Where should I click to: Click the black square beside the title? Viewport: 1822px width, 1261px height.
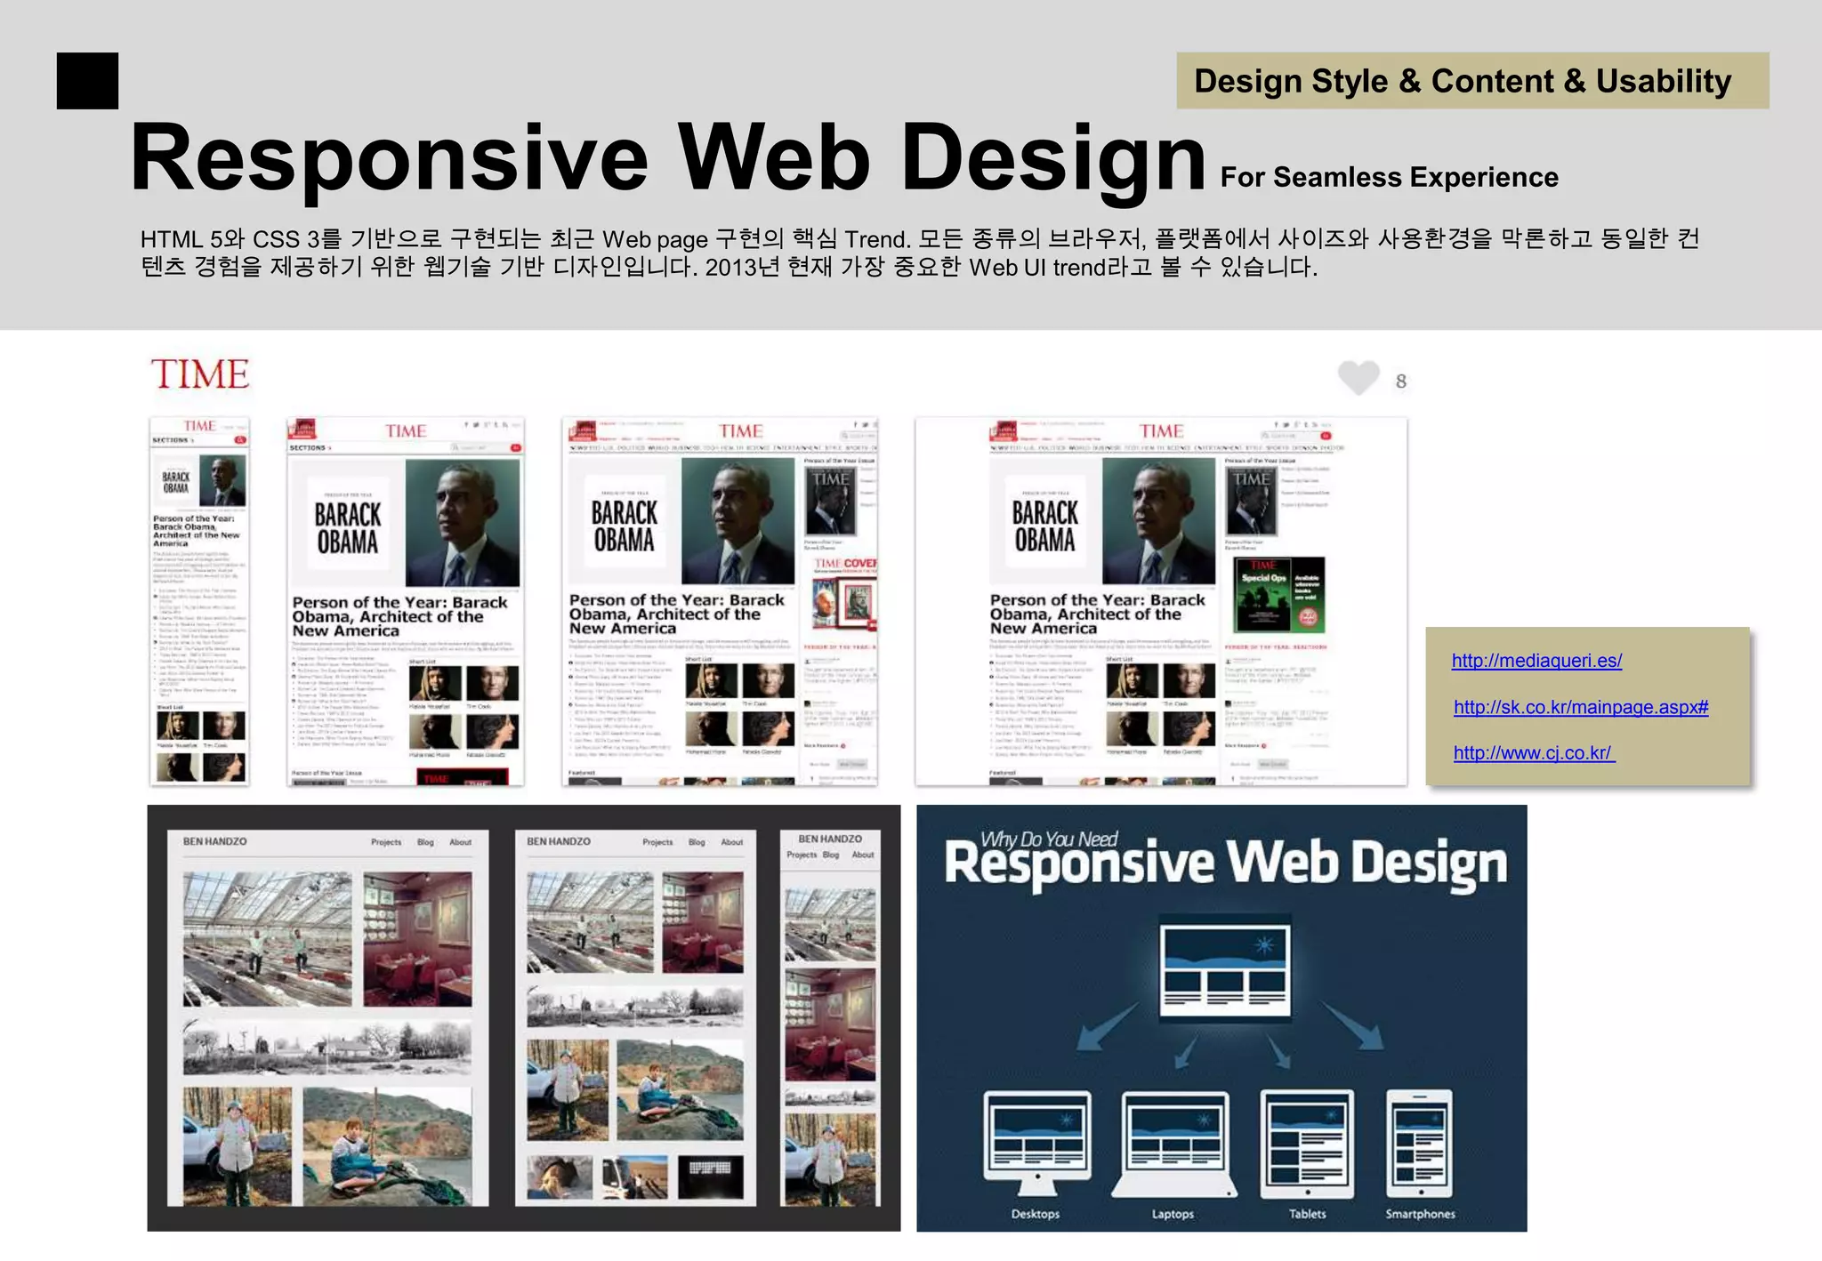click(x=87, y=81)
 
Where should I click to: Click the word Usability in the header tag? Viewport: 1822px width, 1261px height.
click(x=1663, y=81)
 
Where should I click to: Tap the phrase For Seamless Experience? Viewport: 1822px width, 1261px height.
click(x=1389, y=177)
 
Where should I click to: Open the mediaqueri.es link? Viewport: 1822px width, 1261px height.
click(x=1536, y=661)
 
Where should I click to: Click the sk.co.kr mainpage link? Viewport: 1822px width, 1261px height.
click(x=1581, y=707)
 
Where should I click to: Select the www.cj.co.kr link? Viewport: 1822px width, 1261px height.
click(x=1534, y=753)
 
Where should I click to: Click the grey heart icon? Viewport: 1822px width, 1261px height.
click(x=1358, y=378)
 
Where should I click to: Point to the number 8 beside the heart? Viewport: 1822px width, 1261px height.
click(x=1401, y=382)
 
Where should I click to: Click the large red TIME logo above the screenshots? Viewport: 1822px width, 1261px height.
click(x=200, y=374)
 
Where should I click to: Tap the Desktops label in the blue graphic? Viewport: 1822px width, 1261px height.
click(x=1036, y=1214)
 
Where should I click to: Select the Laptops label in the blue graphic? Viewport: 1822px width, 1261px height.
click(x=1173, y=1214)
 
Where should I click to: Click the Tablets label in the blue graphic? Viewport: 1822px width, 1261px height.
click(x=1307, y=1214)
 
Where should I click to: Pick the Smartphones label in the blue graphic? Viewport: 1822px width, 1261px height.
click(x=1420, y=1214)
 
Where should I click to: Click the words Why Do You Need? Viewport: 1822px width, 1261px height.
click(x=1049, y=839)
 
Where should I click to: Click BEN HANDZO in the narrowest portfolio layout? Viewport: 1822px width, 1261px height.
click(x=830, y=839)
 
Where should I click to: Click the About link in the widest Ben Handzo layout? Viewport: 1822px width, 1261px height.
click(x=460, y=842)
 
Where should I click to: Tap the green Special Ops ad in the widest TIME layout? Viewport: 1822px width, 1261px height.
click(x=1280, y=594)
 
